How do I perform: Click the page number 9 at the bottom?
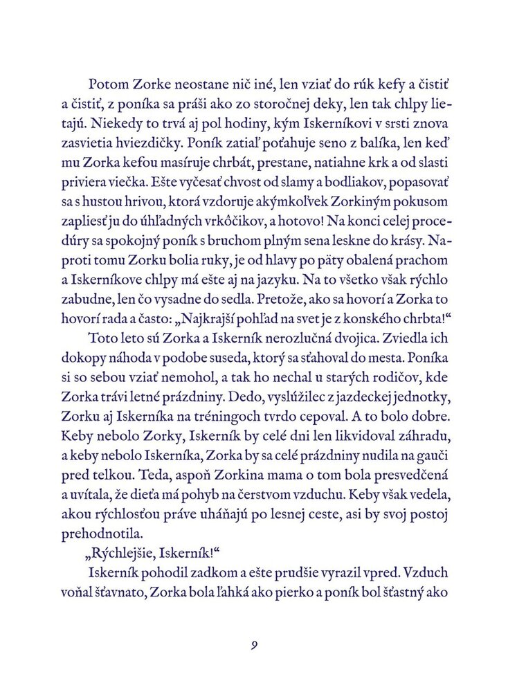coord(255,646)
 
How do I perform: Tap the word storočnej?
coord(248,105)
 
